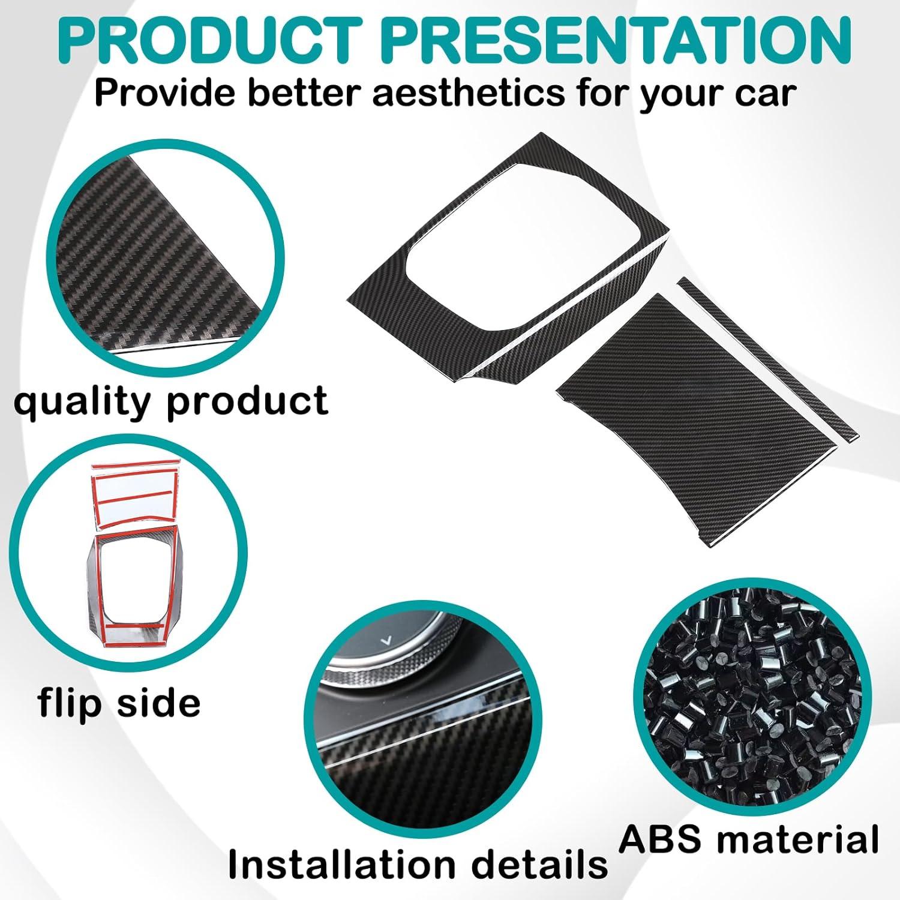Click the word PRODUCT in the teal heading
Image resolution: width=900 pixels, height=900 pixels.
click(212, 37)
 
